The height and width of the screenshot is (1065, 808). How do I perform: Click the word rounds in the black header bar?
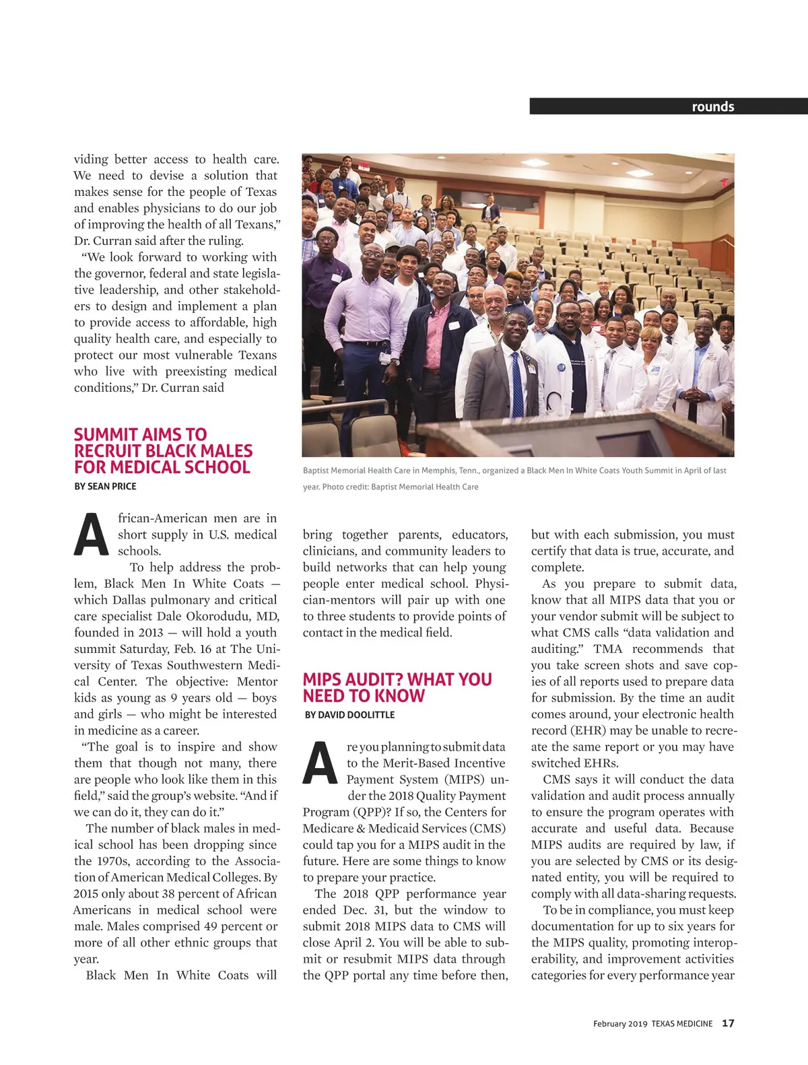point(712,106)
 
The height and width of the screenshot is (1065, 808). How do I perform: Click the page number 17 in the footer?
point(728,1023)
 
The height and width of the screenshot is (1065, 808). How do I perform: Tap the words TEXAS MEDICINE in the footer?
point(681,1023)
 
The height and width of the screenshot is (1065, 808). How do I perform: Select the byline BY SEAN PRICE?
point(105,486)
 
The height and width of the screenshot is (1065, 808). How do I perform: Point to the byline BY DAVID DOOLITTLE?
point(349,714)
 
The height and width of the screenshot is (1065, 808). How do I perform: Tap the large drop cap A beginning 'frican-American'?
point(91,535)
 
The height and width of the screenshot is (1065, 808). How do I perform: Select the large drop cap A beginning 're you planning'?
point(320,763)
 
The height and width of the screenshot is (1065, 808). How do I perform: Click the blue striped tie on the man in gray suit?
point(517,384)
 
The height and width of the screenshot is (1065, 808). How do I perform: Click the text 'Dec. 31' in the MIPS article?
point(364,910)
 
